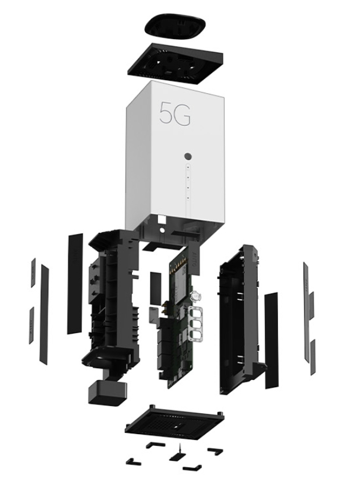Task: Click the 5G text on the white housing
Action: (175, 113)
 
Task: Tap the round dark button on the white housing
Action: (188, 156)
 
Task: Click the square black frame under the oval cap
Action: (175, 64)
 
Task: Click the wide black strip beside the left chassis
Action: (75, 284)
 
